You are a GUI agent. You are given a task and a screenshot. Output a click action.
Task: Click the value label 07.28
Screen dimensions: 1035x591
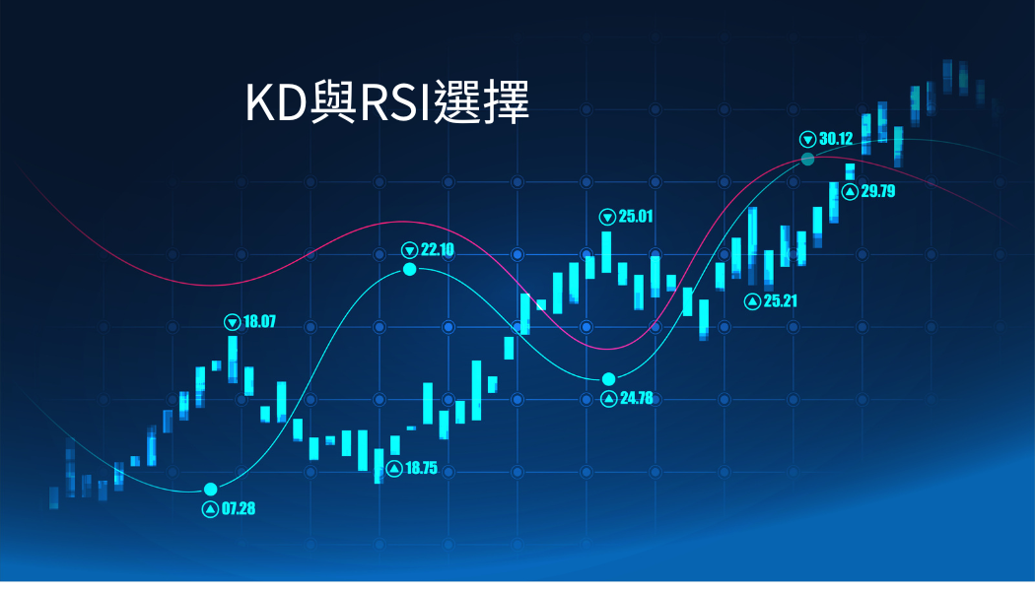(x=239, y=508)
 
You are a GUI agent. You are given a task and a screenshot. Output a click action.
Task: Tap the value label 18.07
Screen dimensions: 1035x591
(x=259, y=322)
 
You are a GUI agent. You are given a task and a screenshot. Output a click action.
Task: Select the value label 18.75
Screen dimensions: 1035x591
(x=421, y=468)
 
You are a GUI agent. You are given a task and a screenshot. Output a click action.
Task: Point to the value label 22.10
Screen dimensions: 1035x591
(x=438, y=250)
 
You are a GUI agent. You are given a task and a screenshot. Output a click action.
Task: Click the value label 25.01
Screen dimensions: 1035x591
(x=636, y=217)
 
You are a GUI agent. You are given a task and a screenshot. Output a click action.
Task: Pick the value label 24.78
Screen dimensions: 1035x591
(x=637, y=398)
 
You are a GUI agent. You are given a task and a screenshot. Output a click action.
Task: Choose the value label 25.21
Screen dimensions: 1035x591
(x=781, y=301)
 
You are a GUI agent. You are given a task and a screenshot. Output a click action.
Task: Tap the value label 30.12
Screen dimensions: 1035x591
(x=836, y=139)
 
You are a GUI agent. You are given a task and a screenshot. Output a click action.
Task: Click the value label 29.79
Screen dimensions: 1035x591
(x=878, y=191)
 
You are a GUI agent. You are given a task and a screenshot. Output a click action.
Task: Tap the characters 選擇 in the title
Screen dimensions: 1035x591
(x=481, y=102)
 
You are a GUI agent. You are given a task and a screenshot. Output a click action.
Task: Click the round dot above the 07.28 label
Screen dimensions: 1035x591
(x=211, y=490)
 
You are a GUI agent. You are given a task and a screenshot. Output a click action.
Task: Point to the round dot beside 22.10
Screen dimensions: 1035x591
(x=410, y=269)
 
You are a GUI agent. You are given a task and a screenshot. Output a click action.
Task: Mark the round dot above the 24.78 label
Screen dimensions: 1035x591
(x=608, y=378)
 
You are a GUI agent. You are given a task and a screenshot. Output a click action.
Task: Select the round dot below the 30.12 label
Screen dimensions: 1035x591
(x=807, y=159)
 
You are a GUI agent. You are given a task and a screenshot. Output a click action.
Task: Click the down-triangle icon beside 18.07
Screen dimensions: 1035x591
(x=233, y=322)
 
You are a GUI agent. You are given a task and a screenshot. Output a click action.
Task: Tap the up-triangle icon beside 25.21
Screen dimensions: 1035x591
(x=752, y=301)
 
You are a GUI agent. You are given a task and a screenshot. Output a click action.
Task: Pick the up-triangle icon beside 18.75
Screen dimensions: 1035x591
(x=394, y=468)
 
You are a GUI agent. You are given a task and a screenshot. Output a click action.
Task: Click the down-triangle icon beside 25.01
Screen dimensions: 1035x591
(x=607, y=217)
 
